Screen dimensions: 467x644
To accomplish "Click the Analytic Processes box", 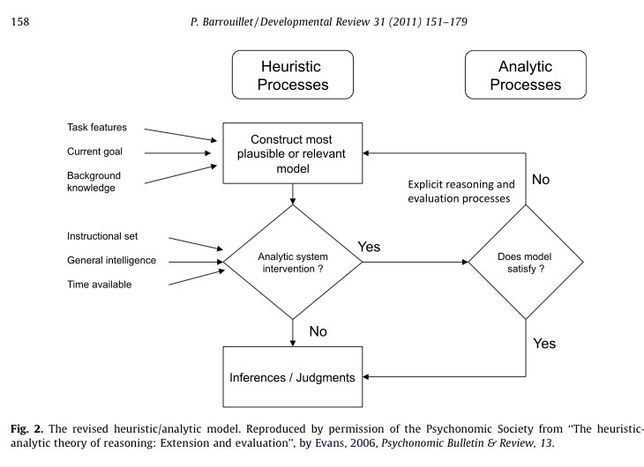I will coord(525,76).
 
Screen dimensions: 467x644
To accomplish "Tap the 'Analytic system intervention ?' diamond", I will coord(293,262).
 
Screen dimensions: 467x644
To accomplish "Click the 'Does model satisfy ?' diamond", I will coord(526,262).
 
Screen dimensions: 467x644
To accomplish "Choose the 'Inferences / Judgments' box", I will coord(293,377).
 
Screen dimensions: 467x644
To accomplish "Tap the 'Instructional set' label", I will coord(102,236).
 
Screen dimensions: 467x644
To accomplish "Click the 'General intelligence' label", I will coord(111,260).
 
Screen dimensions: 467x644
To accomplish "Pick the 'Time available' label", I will coord(100,284).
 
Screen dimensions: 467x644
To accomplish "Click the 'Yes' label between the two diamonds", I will coord(368,247).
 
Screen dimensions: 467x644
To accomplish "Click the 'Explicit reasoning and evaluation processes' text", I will coord(461,192).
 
